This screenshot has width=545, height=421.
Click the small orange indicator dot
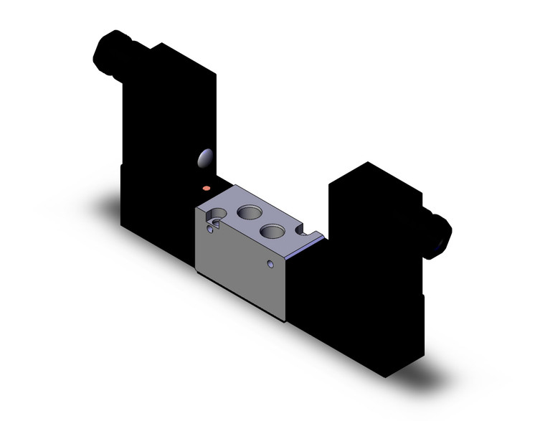coord(207,189)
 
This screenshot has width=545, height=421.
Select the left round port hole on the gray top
coord(249,212)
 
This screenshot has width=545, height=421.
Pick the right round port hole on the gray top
coord(272,231)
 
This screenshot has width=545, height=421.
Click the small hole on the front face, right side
coord(270,265)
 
